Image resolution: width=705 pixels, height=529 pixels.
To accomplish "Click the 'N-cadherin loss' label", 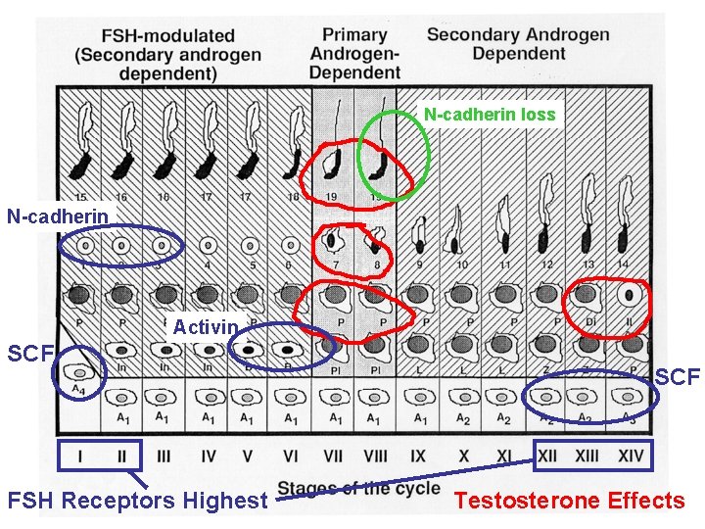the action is [489, 115].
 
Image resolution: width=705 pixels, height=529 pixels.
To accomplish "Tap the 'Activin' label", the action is [206, 326].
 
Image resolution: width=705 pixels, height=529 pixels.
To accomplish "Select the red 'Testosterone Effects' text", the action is [569, 501].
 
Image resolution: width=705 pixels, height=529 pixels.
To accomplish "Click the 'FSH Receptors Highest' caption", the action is [137, 501].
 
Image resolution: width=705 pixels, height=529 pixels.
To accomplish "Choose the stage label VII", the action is [334, 457].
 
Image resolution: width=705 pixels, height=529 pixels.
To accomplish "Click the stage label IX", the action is [419, 457].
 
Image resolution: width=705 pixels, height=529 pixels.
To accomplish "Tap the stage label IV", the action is [207, 457].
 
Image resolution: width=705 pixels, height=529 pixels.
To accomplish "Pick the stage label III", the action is [164, 457].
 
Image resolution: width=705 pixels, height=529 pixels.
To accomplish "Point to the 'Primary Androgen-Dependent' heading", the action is [354, 53].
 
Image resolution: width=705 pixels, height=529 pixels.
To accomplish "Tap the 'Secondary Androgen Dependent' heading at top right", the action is [518, 43].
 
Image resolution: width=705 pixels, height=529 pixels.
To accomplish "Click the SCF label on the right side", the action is [678, 376].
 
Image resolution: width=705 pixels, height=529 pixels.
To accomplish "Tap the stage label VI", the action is [292, 457].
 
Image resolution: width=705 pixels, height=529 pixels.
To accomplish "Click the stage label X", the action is [463, 457].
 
